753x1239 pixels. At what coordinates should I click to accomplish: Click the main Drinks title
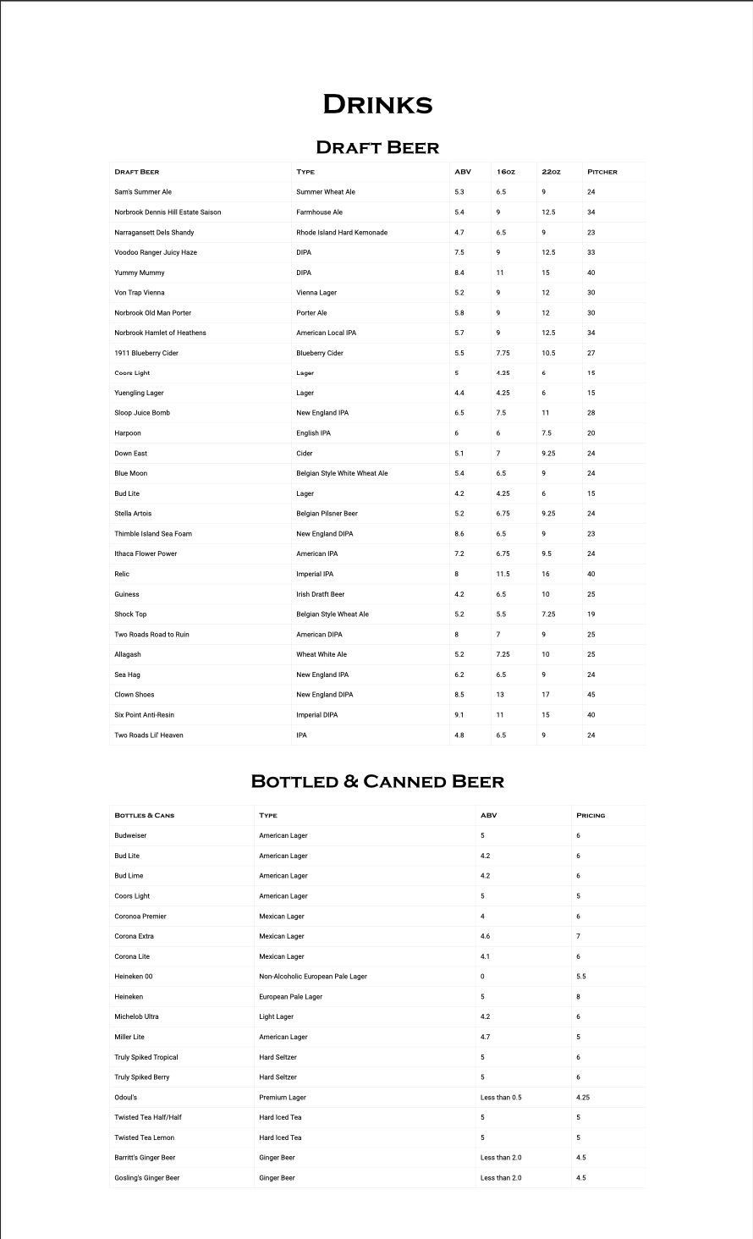[377, 104]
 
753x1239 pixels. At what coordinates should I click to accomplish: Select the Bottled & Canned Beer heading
[377, 781]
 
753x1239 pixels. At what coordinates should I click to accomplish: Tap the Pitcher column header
[602, 172]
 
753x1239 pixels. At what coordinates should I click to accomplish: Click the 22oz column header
[551, 172]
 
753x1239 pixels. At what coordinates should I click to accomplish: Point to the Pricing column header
[591, 815]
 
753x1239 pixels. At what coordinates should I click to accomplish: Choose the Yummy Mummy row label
[140, 273]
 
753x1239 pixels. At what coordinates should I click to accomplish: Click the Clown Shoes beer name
[135, 695]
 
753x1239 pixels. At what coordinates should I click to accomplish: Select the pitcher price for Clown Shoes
[591, 695]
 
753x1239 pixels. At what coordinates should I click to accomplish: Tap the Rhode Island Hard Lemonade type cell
[342, 232]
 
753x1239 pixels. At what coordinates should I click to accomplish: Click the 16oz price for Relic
[503, 574]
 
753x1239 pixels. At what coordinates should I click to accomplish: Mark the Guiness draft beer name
[127, 594]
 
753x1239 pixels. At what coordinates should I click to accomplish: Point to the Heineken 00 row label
[134, 977]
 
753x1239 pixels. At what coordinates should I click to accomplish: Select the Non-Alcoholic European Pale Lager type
[313, 977]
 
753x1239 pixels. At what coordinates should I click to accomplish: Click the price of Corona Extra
[579, 936]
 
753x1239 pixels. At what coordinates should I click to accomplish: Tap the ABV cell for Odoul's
[501, 1098]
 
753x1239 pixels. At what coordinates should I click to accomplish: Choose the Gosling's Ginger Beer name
[147, 1178]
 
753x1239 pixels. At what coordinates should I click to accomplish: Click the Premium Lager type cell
[283, 1098]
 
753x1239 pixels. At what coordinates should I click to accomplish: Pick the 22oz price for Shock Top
[548, 614]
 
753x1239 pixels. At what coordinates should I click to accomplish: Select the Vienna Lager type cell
[316, 293]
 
